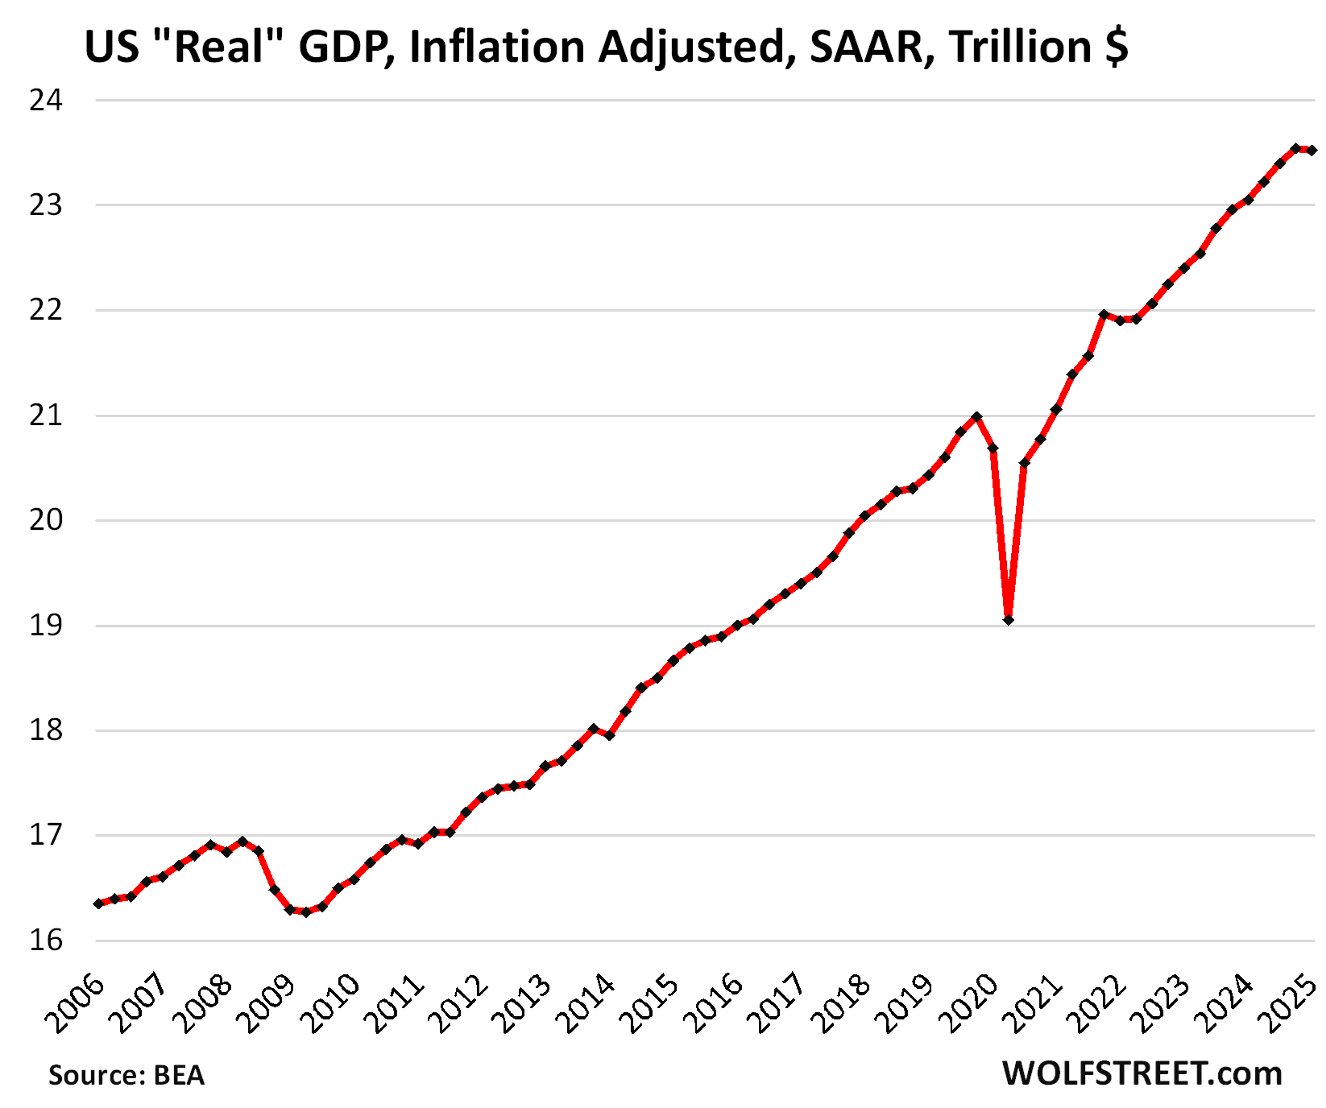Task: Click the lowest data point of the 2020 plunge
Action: coord(1009,619)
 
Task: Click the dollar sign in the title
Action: coord(1117,47)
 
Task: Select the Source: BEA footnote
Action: coord(126,1075)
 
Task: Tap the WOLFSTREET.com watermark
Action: coord(1142,1073)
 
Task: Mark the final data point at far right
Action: coord(1311,151)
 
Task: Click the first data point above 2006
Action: coord(98,903)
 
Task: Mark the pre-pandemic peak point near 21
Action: coord(976,416)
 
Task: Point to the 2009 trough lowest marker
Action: coord(305,912)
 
